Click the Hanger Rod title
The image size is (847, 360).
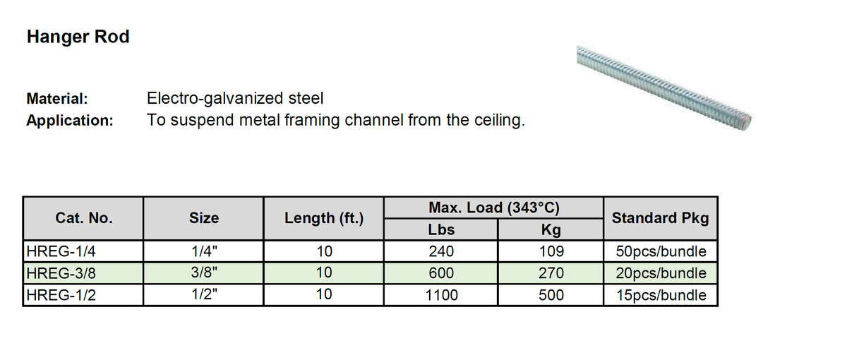pos(78,37)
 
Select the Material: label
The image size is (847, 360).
pos(57,98)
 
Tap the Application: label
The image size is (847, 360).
pos(70,120)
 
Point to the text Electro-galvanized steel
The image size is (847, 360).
pos(234,98)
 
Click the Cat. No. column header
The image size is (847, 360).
pos(83,218)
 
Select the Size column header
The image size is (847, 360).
pos(204,218)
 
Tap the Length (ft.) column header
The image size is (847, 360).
pos(324,218)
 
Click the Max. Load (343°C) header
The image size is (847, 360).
pos(494,208)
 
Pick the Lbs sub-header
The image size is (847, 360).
pos(441,229)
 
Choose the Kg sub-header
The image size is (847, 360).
pos(551,229)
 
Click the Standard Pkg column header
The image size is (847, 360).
pos(660,218)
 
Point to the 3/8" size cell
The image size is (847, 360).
pos(204,273)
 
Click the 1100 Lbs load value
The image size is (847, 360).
pos(441,295)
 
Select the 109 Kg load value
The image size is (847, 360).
pos(551,251)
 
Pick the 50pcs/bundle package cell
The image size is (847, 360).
pos(661,251)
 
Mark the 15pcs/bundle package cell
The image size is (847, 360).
pos(661,295)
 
